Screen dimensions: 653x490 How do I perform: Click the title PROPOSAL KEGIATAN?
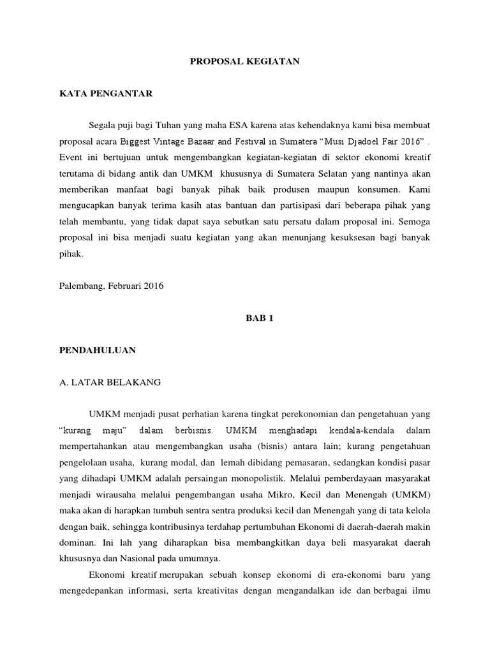[244, 62]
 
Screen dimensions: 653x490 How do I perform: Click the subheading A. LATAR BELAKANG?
[110, 383]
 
